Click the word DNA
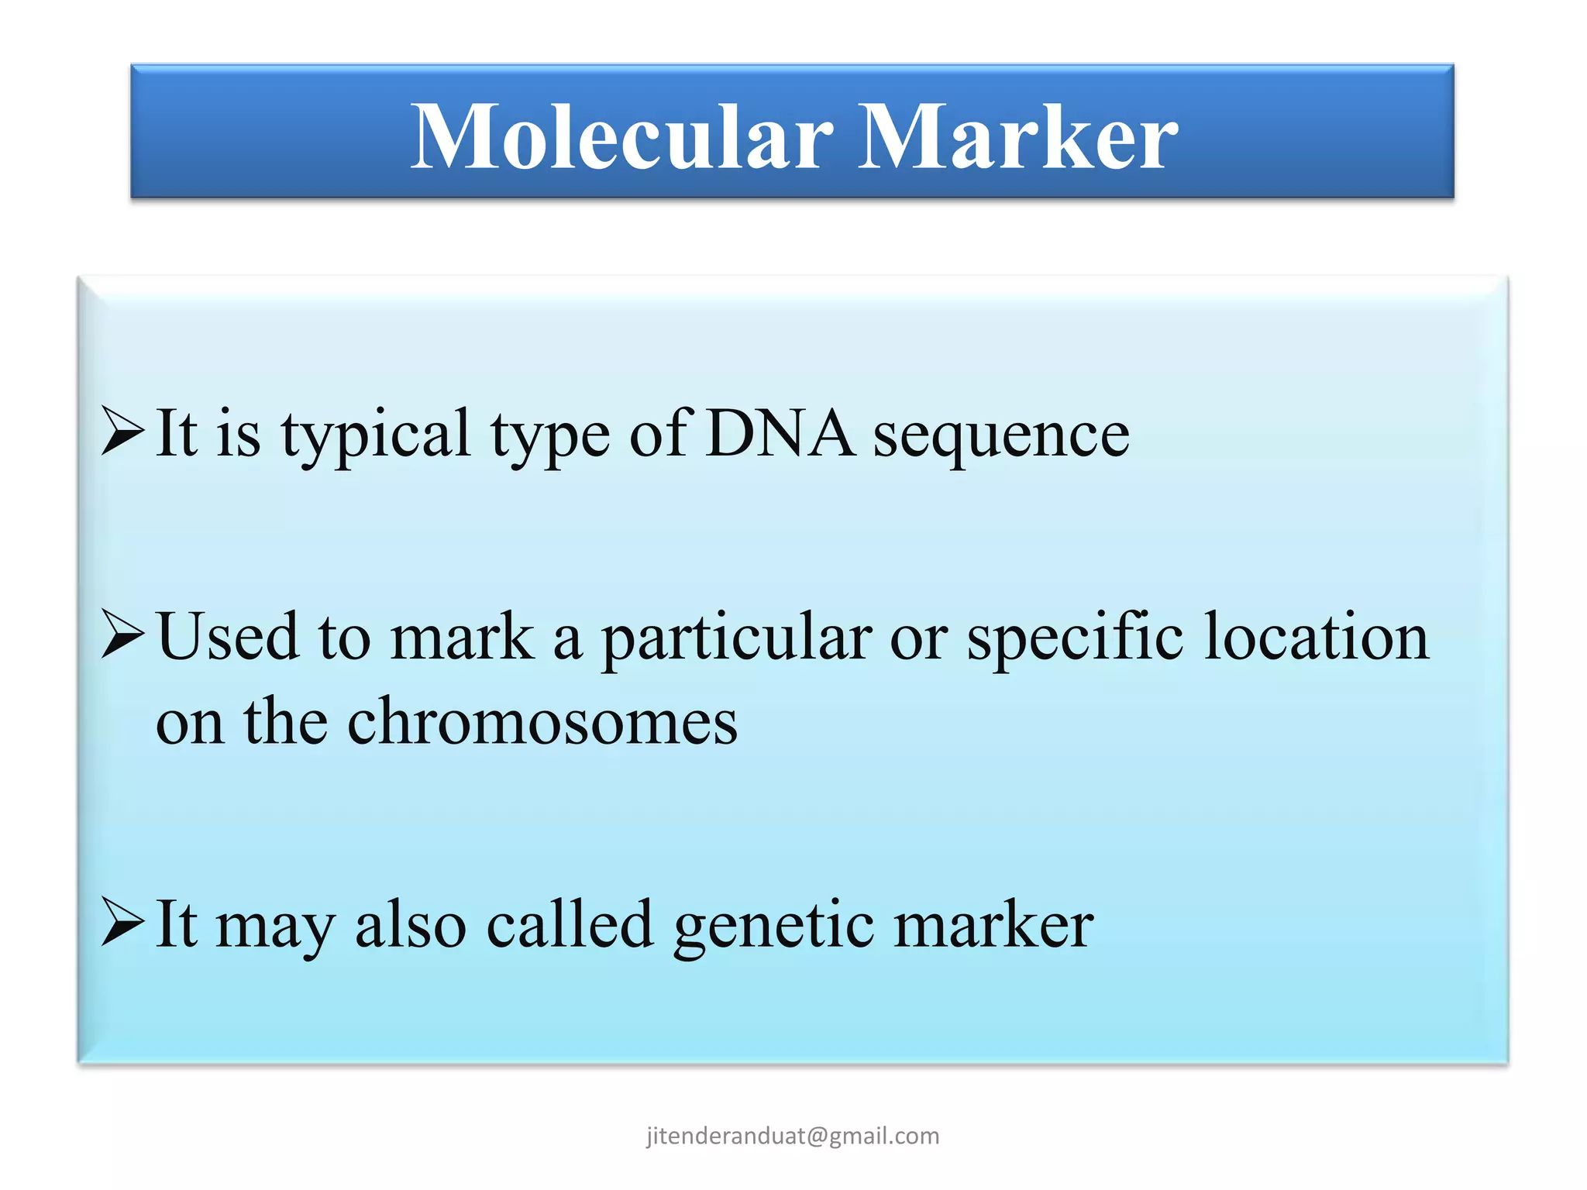(x=780, y=434)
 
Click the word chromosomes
(x=542, y=722)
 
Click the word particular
(x=737, y=639)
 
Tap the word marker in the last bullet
(x=993, y=925)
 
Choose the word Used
(x=228, y=637)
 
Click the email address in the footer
(x=793, y=1136)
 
